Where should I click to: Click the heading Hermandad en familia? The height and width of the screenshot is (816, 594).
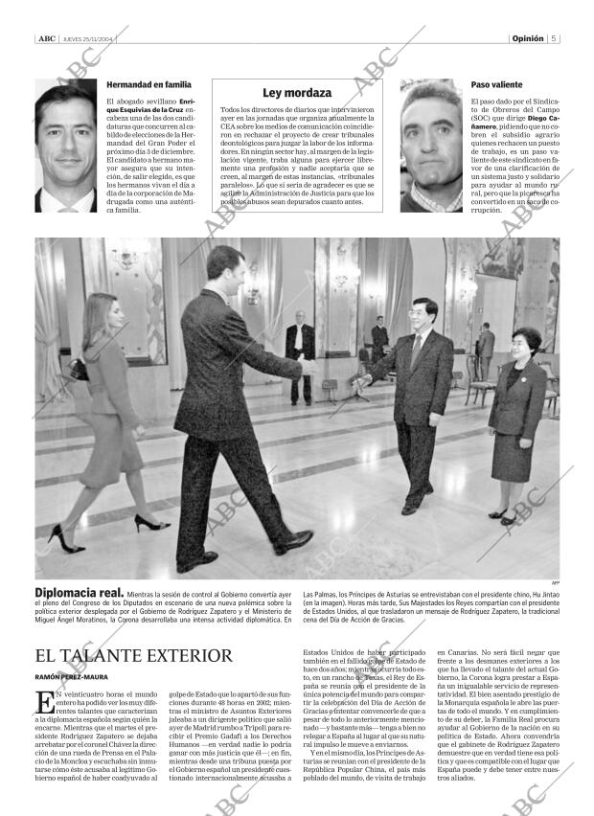tap(142, 85)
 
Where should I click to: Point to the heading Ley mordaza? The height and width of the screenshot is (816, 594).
tap(297, 93)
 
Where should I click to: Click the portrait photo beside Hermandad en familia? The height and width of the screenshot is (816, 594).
tap(67, 144)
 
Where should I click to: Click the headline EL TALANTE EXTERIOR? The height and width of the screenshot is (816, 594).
tap(133, 656)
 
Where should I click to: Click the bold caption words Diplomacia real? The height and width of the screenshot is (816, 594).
tap(79, 594)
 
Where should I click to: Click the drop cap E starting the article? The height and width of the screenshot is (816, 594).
tap(43, 702)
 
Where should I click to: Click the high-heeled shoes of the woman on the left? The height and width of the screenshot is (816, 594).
tap(144, 525)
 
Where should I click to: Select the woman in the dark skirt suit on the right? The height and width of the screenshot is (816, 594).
tap(518, 421)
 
